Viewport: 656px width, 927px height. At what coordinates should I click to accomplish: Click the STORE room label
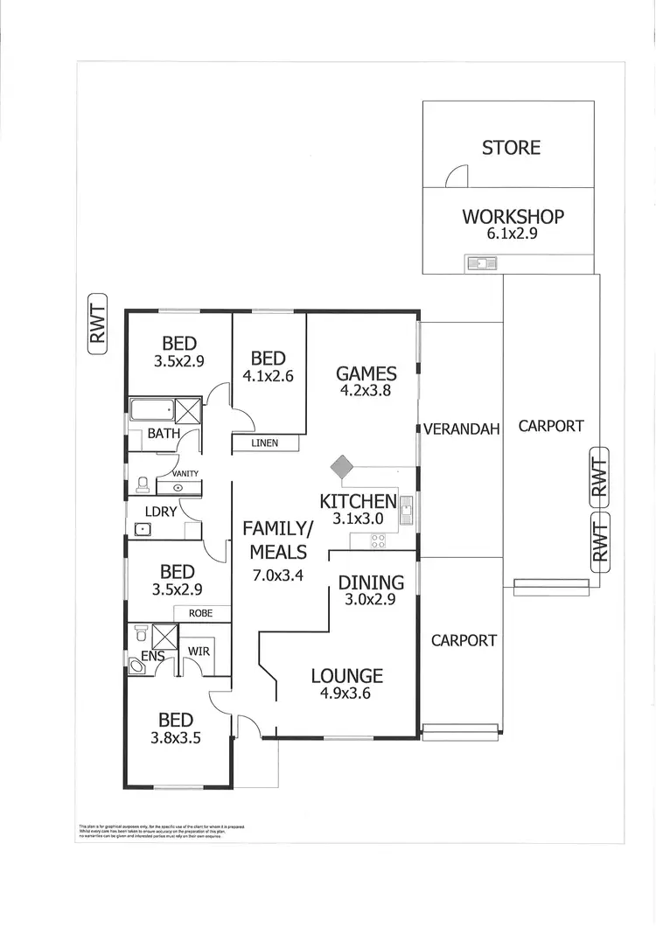click(x=511, y=148)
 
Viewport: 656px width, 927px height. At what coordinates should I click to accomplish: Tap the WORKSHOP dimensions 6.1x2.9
click(x=513, y=234)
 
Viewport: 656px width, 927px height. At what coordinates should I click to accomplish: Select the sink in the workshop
click(x=481, y=262)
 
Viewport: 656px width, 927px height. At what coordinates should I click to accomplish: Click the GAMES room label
click(x=366, y=373)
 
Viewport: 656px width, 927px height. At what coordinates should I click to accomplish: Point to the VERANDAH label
click(x=462, y=429)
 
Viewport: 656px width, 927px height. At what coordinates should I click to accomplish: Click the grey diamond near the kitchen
click(x=341, y=467)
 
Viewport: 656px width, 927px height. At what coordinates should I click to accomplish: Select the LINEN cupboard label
click(x=264, y=443)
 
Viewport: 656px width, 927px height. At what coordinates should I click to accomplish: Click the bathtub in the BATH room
click(x=151, y=410)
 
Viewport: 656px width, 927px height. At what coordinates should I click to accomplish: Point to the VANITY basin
click(x=178, y=487)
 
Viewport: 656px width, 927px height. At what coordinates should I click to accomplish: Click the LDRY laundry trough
click(x=142, y=528)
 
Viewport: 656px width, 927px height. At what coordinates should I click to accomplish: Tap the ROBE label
click(x=201, y=614)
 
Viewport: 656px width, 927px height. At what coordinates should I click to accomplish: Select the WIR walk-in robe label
click(x=199, y=652)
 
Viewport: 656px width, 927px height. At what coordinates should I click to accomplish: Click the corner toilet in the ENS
click(x=138, y=667)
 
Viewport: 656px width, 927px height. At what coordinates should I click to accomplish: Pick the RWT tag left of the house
click(x=97, y=324)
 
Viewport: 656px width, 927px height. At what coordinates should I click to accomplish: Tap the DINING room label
click(x=371, y=582)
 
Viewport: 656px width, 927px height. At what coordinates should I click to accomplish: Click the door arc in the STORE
click(x=457, y=178)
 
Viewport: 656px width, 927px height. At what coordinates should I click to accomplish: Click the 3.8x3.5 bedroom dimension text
click(x=176, y=737)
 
